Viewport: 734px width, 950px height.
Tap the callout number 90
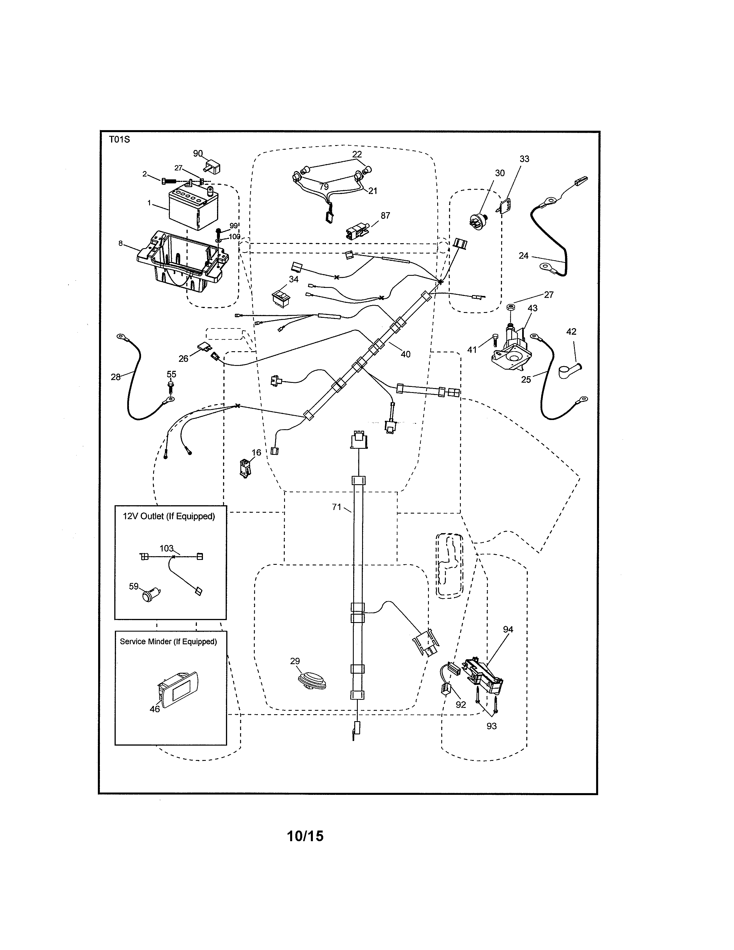tap(198, 153)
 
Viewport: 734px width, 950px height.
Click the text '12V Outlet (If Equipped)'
tap(169, 516)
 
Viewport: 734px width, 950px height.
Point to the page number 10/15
tap(305, 836)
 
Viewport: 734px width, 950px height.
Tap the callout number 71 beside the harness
tap(336, 507)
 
